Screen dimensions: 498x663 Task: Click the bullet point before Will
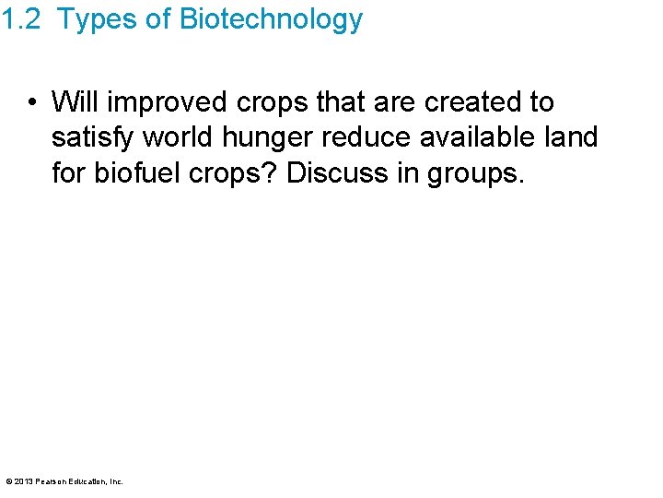32,101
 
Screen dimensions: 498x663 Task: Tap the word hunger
270,138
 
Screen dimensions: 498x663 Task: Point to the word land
573,136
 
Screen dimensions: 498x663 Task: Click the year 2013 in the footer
25,481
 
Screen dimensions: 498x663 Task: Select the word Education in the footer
88,481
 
